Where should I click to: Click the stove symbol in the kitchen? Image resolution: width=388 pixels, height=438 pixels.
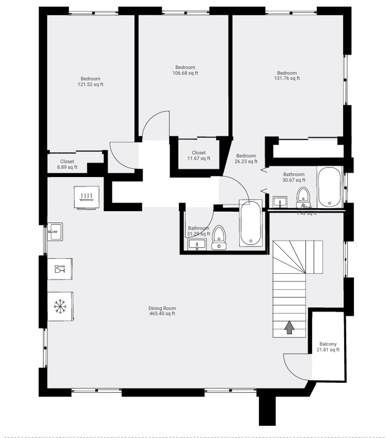(x=86, y=197)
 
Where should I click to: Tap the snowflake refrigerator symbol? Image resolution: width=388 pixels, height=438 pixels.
(x=60, y=306)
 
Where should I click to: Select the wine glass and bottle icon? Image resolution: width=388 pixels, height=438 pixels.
(x=60, y=268)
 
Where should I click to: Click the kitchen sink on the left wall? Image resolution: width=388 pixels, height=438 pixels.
(x=55, y=232)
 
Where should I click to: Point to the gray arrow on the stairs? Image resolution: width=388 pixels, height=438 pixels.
(x=289, y=327)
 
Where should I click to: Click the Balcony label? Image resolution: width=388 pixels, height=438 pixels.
(x=328, y=344)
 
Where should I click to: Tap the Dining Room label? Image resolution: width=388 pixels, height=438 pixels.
(x=162, y=308)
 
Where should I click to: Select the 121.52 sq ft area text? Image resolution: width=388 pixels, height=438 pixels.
(x=90, y=85)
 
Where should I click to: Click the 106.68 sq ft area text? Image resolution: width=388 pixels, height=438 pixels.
(x=185, y=73)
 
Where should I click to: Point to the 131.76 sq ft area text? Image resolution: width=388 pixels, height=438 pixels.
(x=287, y=79)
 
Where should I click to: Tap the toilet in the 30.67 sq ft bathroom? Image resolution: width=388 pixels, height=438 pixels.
(x=303, y=197)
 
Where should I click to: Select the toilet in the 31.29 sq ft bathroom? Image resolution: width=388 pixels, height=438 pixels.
(x=219, y=238)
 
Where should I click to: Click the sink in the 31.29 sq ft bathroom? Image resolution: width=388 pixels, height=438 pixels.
(x=197, y=244)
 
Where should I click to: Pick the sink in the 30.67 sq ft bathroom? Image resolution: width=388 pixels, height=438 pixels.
(x=280, y=202)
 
